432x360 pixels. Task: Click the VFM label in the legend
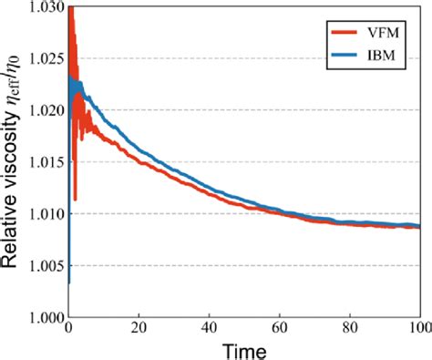tap(385, 32)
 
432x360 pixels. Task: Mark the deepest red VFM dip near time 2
tap(75, 199)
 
